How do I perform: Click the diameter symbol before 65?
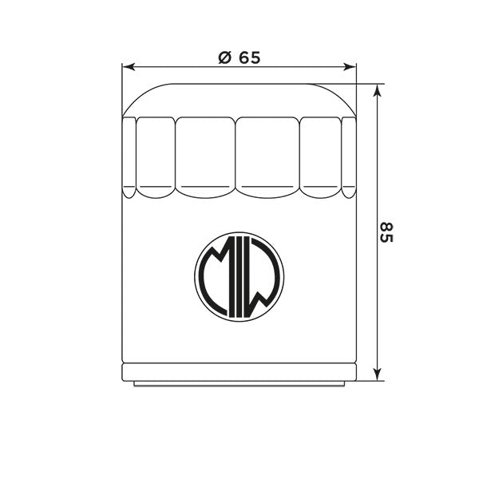(224, 57)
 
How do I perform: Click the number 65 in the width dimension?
(249, 57)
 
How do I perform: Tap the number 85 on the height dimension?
(386, 232)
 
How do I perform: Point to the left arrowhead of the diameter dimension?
(129, 67)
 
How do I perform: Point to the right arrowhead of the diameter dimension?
(350, 67)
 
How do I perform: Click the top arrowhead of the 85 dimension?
(378, 90)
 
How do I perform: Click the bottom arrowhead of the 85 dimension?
(378, 374)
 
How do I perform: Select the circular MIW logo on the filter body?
(239, 277)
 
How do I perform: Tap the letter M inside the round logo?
(216, 276)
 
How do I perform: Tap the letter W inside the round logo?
(262, 276)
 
